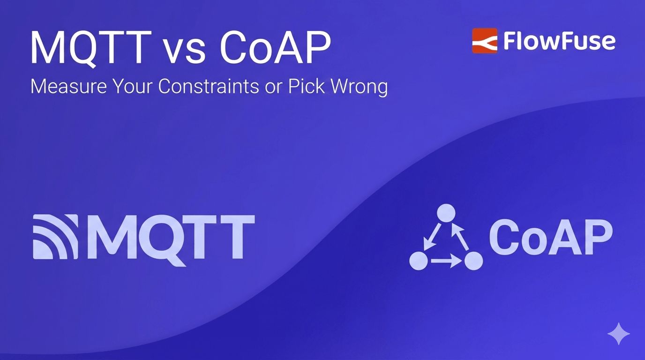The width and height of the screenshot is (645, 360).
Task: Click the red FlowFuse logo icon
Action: point(484,41)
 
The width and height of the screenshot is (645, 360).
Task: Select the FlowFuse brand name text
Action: point(559,41)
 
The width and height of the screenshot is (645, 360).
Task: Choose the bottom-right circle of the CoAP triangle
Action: point(473,260)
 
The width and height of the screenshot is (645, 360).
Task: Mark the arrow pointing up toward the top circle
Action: point(461,237)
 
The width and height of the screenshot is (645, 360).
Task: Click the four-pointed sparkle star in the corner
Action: point(618,333)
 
